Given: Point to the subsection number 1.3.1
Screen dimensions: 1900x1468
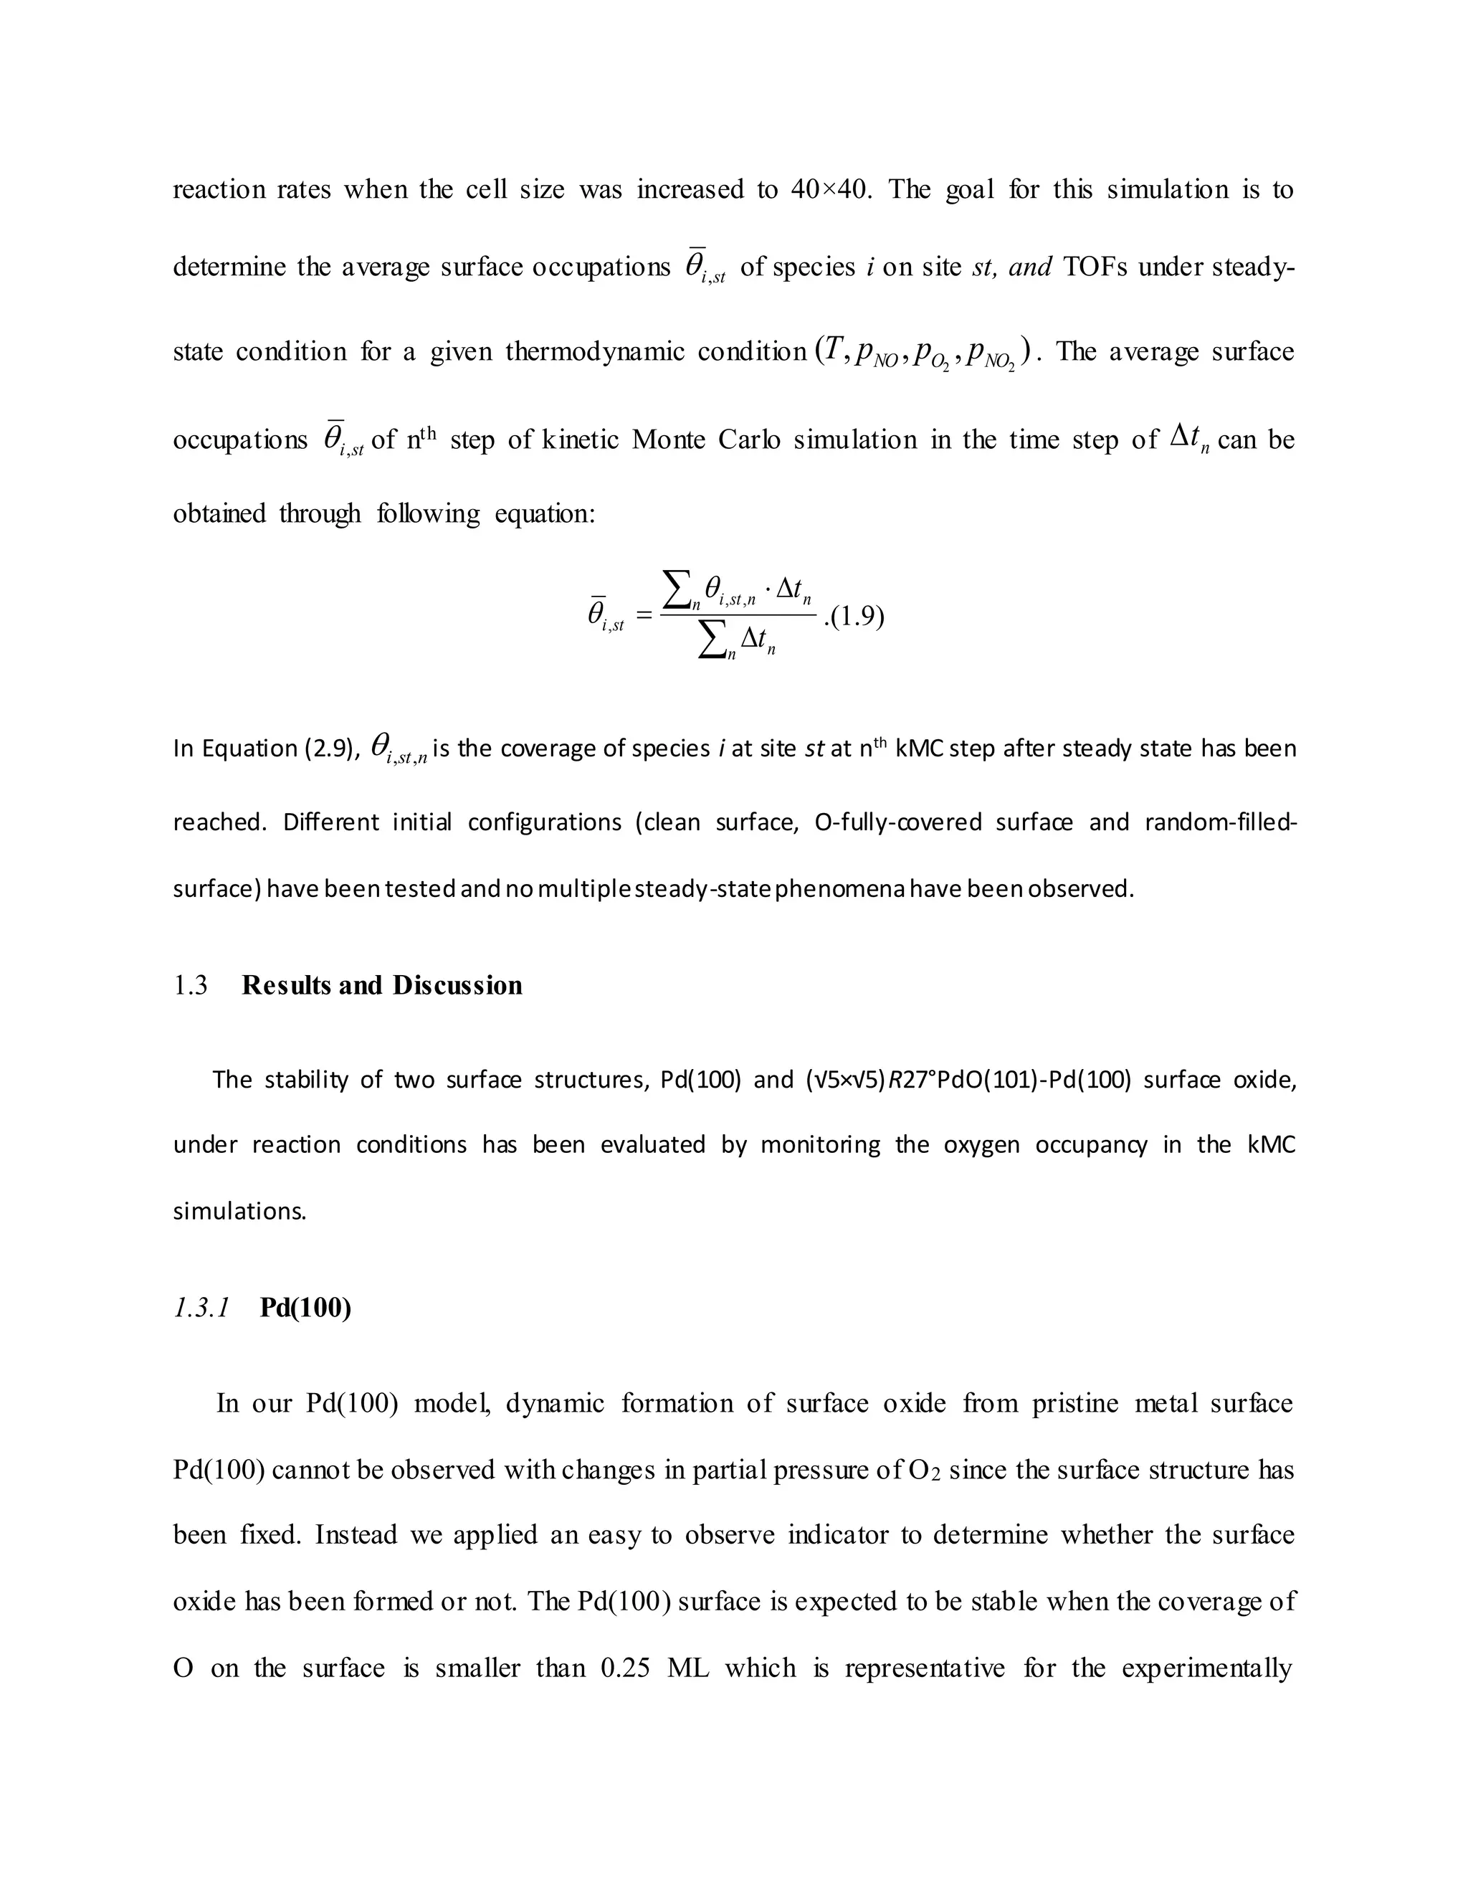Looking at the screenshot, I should [x=201, y=1308].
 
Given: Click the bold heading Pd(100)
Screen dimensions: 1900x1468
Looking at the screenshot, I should [x=305, y=1308].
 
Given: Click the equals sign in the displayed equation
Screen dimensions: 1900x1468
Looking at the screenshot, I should [x=644, y=616].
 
